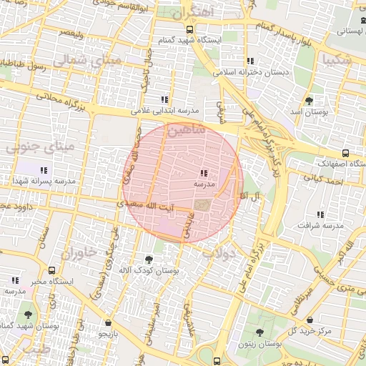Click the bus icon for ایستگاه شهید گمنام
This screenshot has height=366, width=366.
[189, 29]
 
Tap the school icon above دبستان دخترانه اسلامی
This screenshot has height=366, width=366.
[249, 61]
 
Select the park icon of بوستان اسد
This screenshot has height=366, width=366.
[309, 101]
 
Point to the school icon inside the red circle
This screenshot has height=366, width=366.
[204, 173]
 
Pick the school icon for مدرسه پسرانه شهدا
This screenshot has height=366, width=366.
[44, 170]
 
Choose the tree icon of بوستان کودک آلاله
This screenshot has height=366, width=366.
[149, 259]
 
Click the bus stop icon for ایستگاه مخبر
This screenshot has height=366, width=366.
[51, 271]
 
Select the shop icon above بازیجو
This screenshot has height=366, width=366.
[107, 322]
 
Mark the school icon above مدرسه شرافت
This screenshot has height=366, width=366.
[320, 214]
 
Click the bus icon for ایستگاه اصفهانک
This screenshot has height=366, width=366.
[345, 153]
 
